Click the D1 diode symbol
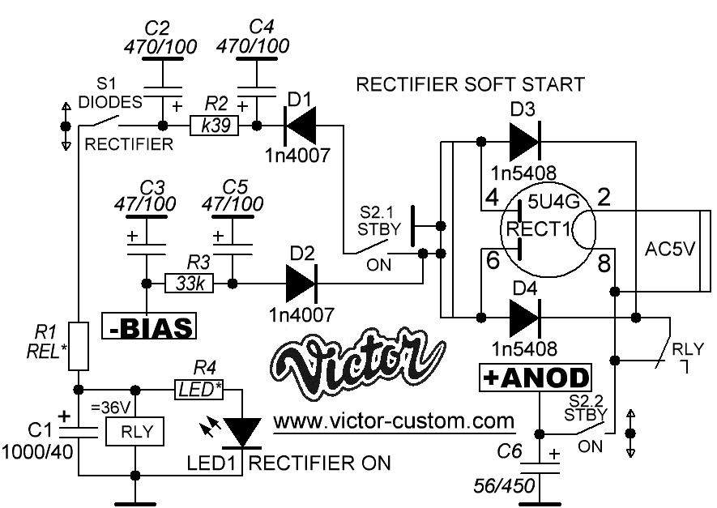(x=297, y=126)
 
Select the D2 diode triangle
(x=301, y=284)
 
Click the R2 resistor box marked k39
(x=214, y=126)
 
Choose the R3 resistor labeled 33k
(x=190, y=284)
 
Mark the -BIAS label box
(x=150, y=327)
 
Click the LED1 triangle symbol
(x=241, y=429)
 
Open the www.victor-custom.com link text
(x=394, y=422)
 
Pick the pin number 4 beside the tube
(x=490, y=197)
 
